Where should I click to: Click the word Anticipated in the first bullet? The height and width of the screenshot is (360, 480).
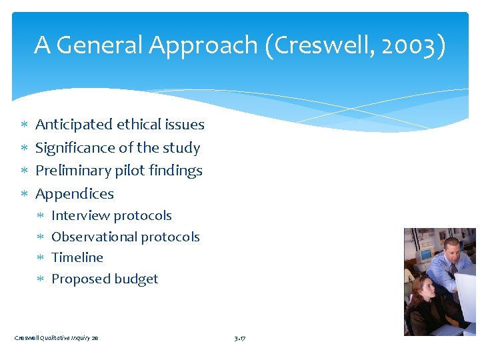point(73,125)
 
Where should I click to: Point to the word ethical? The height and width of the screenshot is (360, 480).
point(138,125)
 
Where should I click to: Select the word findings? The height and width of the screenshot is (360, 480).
point(176,171)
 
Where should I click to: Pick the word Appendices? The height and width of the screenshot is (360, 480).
point(74,194)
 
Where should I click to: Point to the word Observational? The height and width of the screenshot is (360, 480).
point(97,237)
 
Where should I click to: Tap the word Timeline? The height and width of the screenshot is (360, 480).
point(77,257)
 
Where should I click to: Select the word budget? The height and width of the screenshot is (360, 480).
point(137,279)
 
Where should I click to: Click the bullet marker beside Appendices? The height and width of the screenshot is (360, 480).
point(23,194)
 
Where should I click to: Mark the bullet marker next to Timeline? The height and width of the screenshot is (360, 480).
point(40,258)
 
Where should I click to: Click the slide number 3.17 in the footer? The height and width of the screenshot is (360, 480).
point(240,338)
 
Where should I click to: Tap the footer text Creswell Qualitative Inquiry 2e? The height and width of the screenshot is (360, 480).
point(57,338)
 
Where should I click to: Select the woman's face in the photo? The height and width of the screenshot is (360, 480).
point(421,289)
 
